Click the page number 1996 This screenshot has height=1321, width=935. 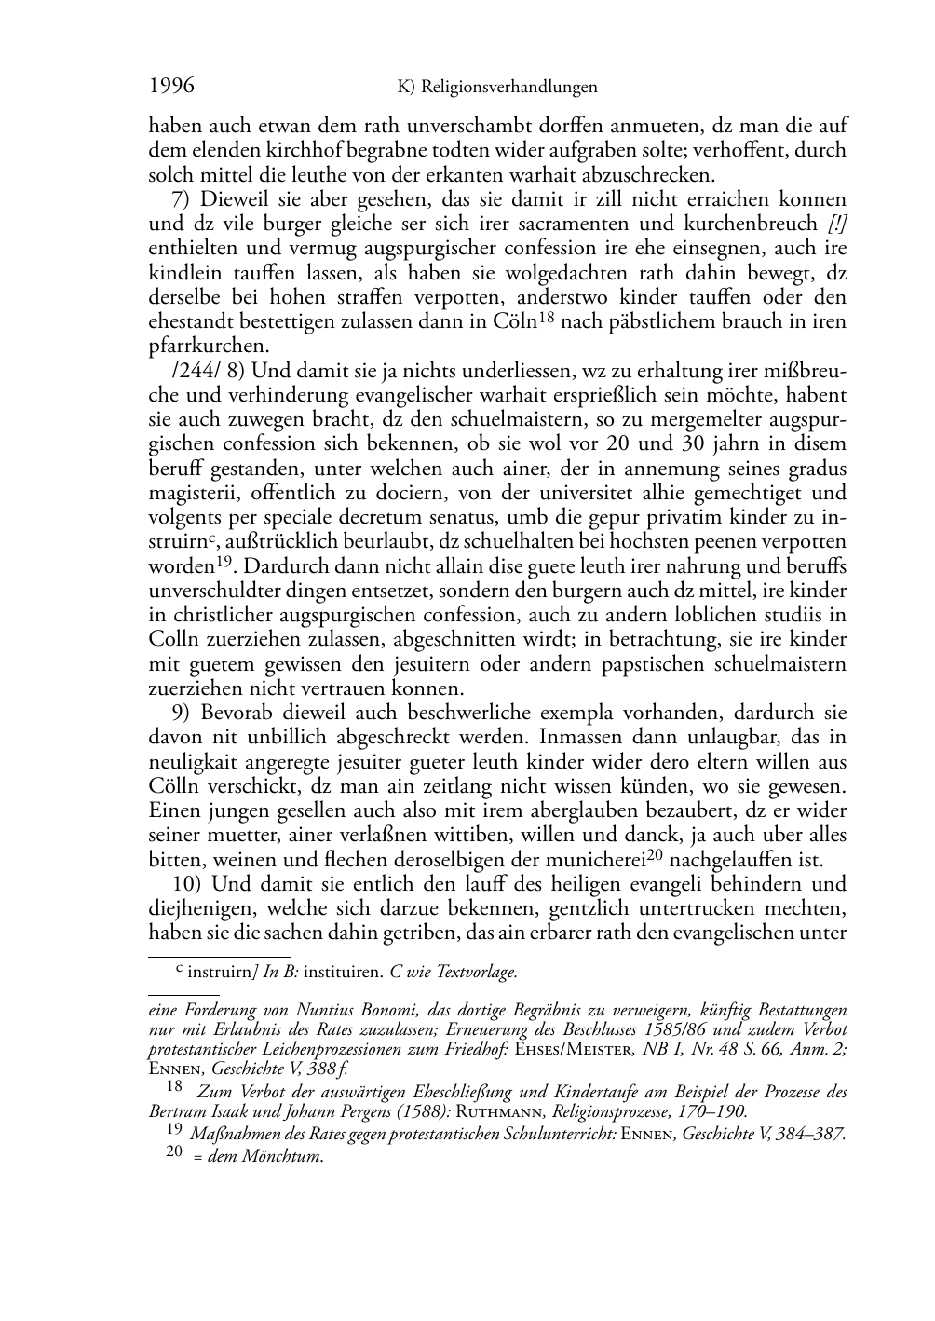pos(171,86)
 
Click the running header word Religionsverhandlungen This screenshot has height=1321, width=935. pos(508,88)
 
